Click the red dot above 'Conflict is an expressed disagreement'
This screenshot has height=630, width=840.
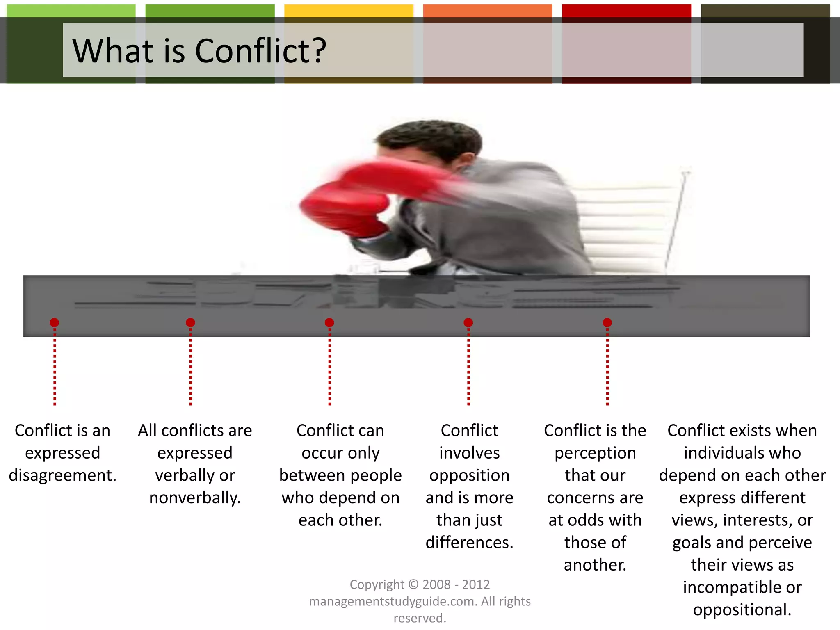[55, 323]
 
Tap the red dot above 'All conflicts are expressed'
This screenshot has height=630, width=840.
[190, 323]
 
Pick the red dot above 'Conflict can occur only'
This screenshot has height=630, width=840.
[329, 323]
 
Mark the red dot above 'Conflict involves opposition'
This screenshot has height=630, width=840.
[468, 323]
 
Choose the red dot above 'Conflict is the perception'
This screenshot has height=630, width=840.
[607, 323]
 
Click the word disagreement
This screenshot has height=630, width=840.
[62, 475]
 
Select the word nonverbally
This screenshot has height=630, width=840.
[195, 498]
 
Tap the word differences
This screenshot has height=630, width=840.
[469, 543]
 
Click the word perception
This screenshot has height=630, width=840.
[595, 453]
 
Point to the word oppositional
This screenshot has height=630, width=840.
[742, 610]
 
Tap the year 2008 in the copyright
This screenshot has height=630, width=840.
[436, 584]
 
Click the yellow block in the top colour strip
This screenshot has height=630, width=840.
[349, 11]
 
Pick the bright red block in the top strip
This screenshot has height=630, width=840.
[626, 11]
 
